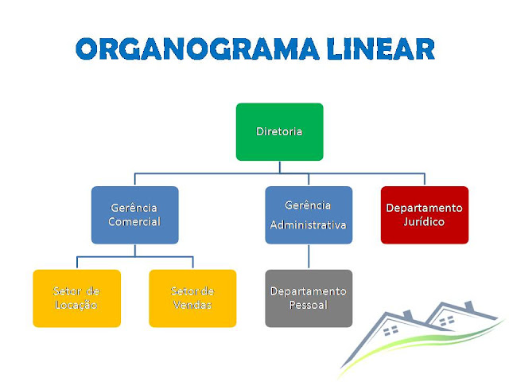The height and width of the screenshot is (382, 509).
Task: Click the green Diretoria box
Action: tap(279, 131)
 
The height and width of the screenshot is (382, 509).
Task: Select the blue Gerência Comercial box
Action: tap(134, 215)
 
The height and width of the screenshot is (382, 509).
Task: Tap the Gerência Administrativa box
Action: tap(309, 215)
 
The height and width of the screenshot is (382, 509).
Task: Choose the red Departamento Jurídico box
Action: tap(425, 215)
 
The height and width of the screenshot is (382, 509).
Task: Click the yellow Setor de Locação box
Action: tap(76, 298)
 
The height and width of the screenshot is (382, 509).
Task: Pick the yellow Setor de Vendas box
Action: tap(192, 298)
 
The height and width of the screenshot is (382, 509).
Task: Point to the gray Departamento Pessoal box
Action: tap(309, 298)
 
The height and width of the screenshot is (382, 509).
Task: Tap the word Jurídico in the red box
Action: tap(425, 222)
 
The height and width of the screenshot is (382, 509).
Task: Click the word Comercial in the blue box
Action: tap(134, 222)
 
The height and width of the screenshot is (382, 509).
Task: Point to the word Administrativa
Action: tap(309, 225)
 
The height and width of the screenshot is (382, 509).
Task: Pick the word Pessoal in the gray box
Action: tap(309, 306)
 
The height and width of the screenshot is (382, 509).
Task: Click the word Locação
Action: tap(76, 306)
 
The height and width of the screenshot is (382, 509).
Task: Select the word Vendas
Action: tap(192, 306)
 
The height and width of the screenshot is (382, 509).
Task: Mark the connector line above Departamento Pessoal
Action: tap(309, 256)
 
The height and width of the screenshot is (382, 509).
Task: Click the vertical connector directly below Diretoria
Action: tap(279, 166)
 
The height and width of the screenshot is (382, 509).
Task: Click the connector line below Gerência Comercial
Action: tap(134, 250)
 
